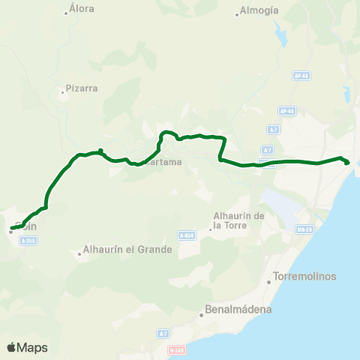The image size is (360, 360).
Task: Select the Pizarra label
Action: tap(82, 88)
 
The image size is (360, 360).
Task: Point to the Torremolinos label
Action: tap(305, 276)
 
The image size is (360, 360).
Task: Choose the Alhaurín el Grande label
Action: tap(127, 249)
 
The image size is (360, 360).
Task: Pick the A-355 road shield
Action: tap(28, 241)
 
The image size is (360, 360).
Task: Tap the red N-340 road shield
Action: tap(177, 349)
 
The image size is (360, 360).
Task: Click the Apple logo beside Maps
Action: tap(11, 347)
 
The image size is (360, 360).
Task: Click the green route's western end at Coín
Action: tap(12, 228)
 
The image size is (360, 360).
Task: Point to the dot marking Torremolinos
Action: tap(269, 282)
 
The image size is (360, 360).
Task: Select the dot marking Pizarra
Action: tap(62, 93)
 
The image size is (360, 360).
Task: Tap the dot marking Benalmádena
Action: tap(202, 315)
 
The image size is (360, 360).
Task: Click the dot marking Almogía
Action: tap(237, 16)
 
